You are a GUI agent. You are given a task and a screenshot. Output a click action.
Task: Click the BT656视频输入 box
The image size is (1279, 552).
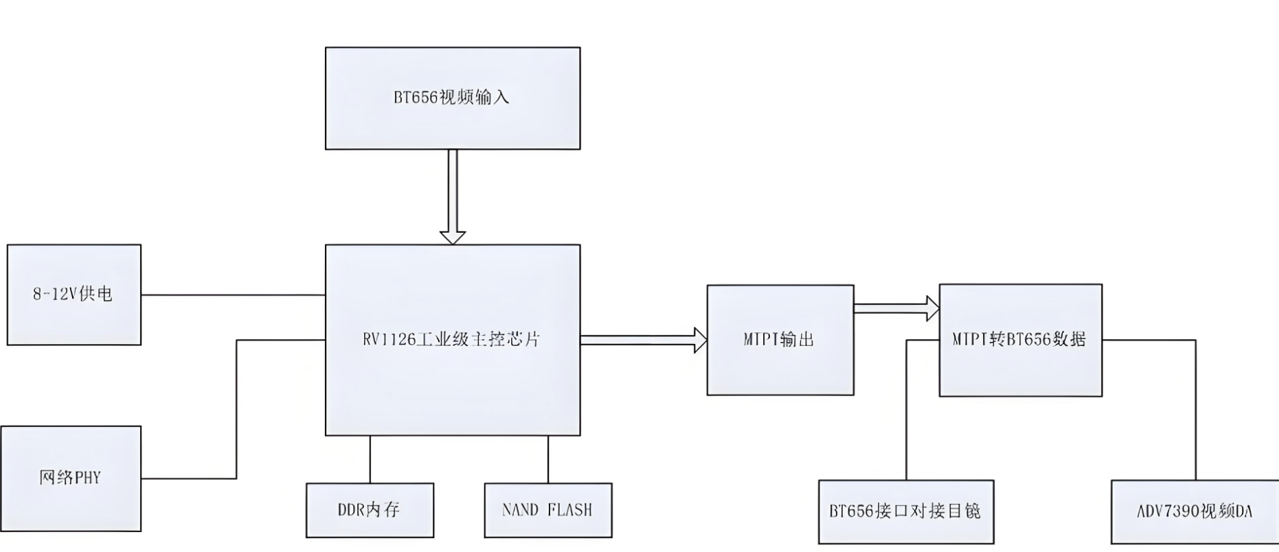click(452, 98)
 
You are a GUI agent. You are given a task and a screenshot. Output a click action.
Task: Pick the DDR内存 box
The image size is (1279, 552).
click(370, 510)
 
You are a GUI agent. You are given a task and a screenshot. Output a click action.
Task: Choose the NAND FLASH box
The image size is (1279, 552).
click(547, 510)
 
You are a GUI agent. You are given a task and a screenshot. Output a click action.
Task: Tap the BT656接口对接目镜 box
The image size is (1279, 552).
click(905, 511)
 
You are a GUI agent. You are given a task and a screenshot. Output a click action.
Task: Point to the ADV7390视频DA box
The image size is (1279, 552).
click(1195, 511)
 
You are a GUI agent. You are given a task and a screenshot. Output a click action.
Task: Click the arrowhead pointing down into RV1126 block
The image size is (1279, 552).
click(452, 237)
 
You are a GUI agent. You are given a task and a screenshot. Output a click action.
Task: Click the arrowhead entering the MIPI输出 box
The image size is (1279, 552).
click(699, 340)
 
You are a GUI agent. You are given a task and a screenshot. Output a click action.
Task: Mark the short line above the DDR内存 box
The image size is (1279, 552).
click(370, 459)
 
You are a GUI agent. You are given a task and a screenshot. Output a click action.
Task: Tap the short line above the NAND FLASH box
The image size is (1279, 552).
click(547, 459)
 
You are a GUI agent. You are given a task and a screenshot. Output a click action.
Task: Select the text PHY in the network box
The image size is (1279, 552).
click(87, 478)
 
